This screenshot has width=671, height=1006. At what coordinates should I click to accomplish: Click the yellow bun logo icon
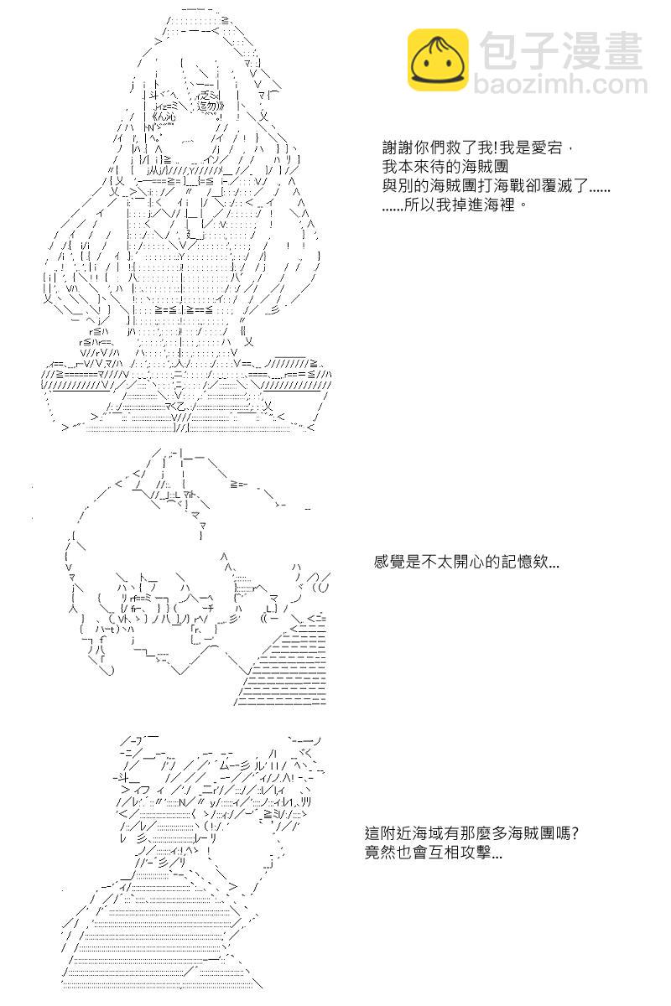pos(438,60)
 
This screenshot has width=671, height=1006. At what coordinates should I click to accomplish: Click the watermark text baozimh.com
pos(561,85)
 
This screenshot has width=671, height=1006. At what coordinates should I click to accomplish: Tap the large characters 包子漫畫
pos(561,49)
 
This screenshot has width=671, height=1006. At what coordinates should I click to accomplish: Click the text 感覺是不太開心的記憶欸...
pos(466,563)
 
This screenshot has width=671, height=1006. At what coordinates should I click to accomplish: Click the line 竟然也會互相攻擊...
pos(434,854)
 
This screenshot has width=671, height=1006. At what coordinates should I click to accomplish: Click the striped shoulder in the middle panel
pos(285,671)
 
